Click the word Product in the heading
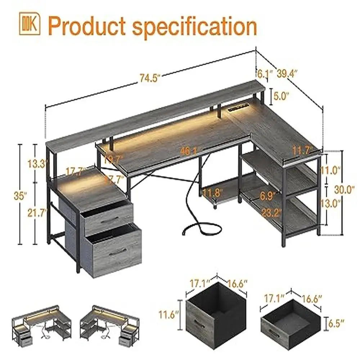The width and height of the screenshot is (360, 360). tap(87, 26)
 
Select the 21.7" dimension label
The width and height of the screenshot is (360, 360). tap(37, 213)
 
